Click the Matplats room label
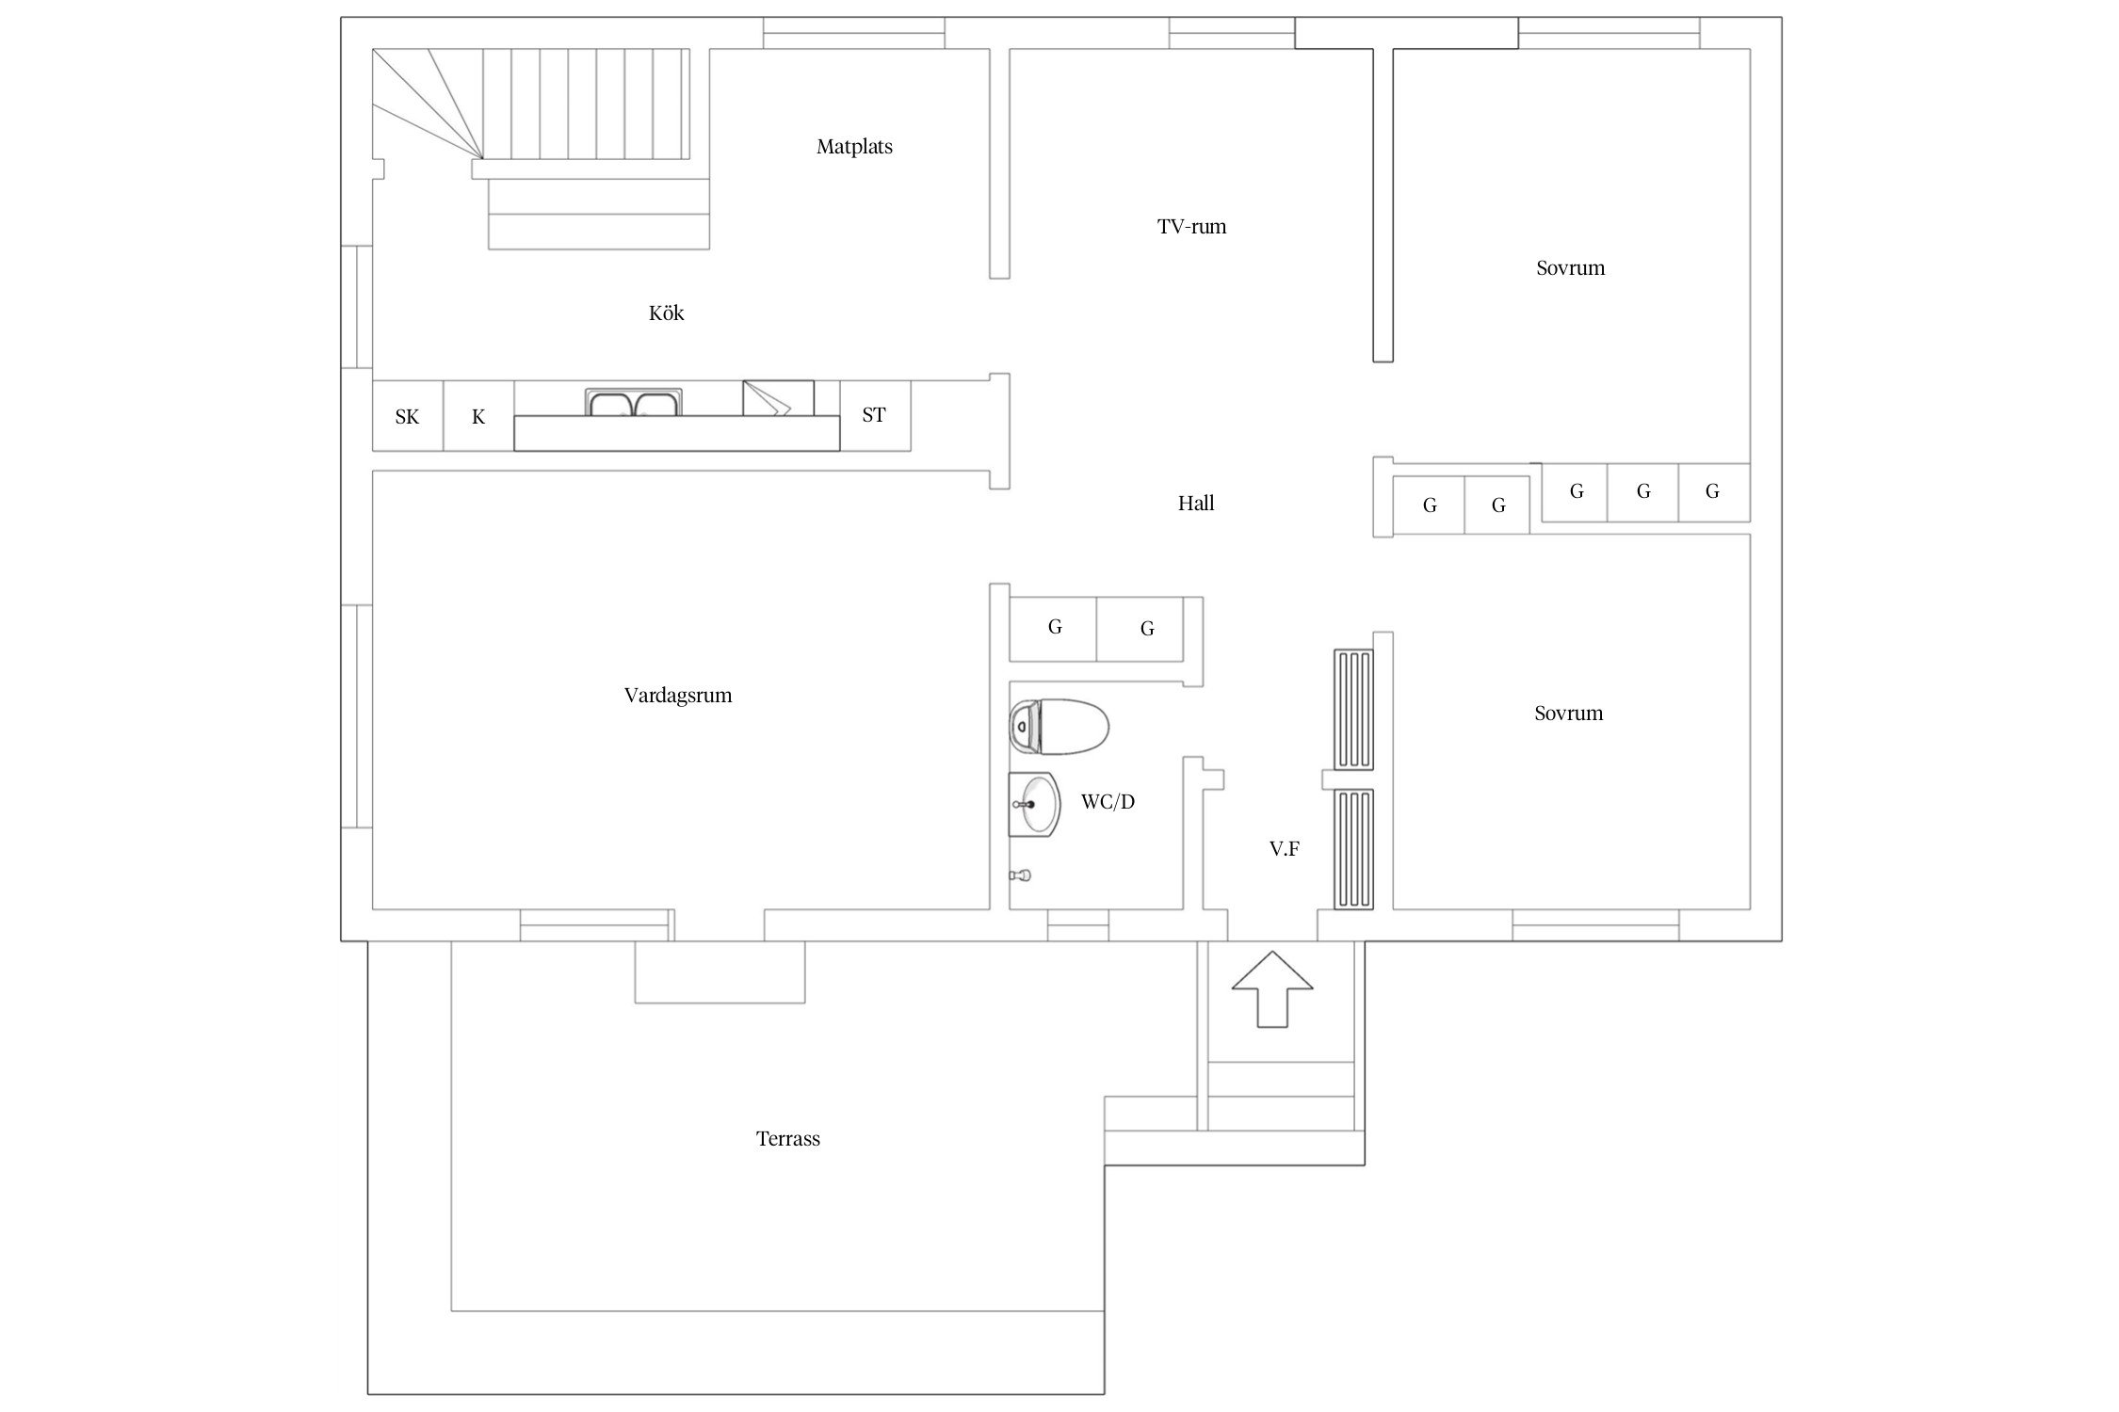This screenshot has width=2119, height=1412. point(854,147)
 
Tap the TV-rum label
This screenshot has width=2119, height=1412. point(1191,227)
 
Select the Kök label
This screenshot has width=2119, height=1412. point(666,313)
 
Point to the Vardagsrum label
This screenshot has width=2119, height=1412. point(678,696)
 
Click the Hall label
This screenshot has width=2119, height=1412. point(1196,504)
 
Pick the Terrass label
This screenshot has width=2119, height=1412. point(788,1139)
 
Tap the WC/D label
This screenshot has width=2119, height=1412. point(1108,802)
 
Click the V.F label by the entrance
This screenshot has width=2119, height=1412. point(1285,849)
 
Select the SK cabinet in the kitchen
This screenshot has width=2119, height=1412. point(408,416)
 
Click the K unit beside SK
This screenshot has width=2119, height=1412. point(478,416)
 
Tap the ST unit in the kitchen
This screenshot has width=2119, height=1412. point(875,415)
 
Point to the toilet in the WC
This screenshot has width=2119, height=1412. point(1059,727)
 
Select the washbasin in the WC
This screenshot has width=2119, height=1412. point(1034,804)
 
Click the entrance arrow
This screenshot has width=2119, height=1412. point(1272,989)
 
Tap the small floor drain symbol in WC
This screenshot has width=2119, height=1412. point(1020,875)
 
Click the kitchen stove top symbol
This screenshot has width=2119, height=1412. point(778,397)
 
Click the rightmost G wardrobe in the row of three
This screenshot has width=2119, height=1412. point(1713,492)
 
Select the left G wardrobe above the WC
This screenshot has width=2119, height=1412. point(1054,628)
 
